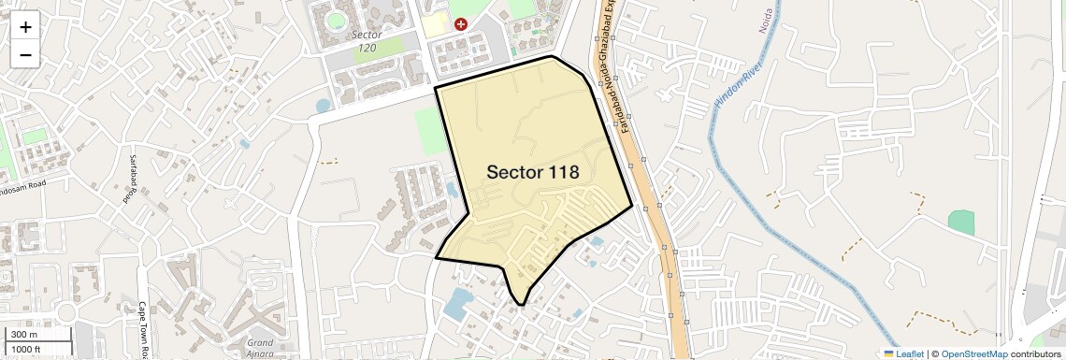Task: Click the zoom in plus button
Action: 25,27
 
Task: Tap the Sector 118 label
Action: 532,172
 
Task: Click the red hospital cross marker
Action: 460,23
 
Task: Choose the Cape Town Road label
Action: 143,327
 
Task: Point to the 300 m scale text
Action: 25,335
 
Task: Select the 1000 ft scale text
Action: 28,349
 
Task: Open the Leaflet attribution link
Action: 903,353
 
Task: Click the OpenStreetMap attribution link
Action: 973,353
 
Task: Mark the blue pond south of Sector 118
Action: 457,303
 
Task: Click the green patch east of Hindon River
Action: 960,223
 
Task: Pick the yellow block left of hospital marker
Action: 433,24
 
